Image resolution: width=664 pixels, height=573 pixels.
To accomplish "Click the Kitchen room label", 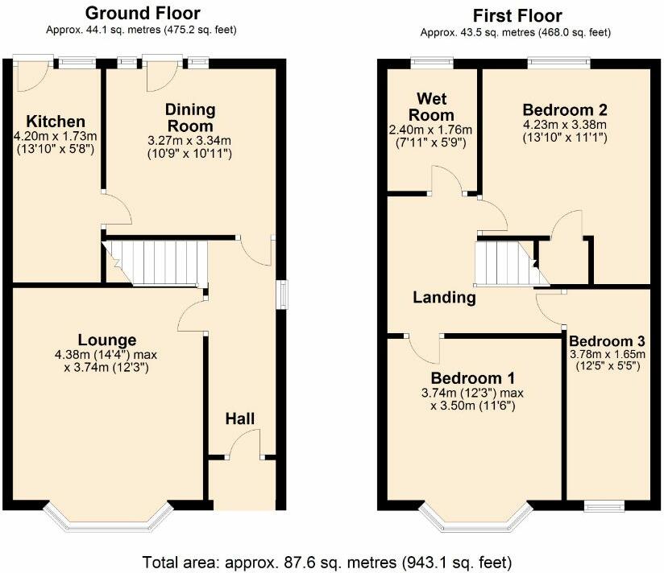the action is (x=56, y=122).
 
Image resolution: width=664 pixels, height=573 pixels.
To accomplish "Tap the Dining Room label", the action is (x=190, y=117).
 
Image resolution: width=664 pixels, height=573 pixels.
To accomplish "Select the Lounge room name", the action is (x=107, y=340).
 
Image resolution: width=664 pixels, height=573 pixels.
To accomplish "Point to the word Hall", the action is (x=240, y=418).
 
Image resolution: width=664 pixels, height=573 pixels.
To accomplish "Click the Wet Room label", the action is (x=431, y=106).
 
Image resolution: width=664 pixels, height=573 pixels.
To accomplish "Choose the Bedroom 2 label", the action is (x=565, y=110).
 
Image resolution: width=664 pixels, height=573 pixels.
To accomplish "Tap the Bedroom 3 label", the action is (x=607, y=341).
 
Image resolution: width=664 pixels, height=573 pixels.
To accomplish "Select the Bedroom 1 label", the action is (x=472, y=377).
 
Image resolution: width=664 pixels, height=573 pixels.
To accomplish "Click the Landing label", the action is (x=444, y=298).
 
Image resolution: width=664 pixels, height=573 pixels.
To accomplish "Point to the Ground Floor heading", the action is (x=143, y=14).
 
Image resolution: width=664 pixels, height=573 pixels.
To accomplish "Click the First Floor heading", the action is (x=517, y=16).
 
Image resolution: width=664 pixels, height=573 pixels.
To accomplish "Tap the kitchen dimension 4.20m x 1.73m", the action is (x=56, y=137).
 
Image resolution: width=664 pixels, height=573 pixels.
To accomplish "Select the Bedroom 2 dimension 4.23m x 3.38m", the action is (x=565, y=125).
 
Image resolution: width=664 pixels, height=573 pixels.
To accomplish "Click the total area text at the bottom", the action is (x=327, y=563).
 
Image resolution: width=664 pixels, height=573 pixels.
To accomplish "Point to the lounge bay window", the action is (x=109, y=517).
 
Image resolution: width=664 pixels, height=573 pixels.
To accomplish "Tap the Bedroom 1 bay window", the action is (x=475, y=517).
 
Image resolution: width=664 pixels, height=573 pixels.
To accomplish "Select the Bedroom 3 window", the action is (x=604, y=505).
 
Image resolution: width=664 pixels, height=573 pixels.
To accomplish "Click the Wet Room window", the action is (x=432, y=63).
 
